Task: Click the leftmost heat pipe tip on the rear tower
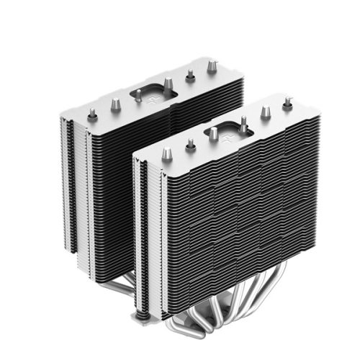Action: tap(93, 113)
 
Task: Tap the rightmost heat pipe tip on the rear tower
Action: tap(212, 67)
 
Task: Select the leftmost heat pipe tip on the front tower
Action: tap(165, 154)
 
